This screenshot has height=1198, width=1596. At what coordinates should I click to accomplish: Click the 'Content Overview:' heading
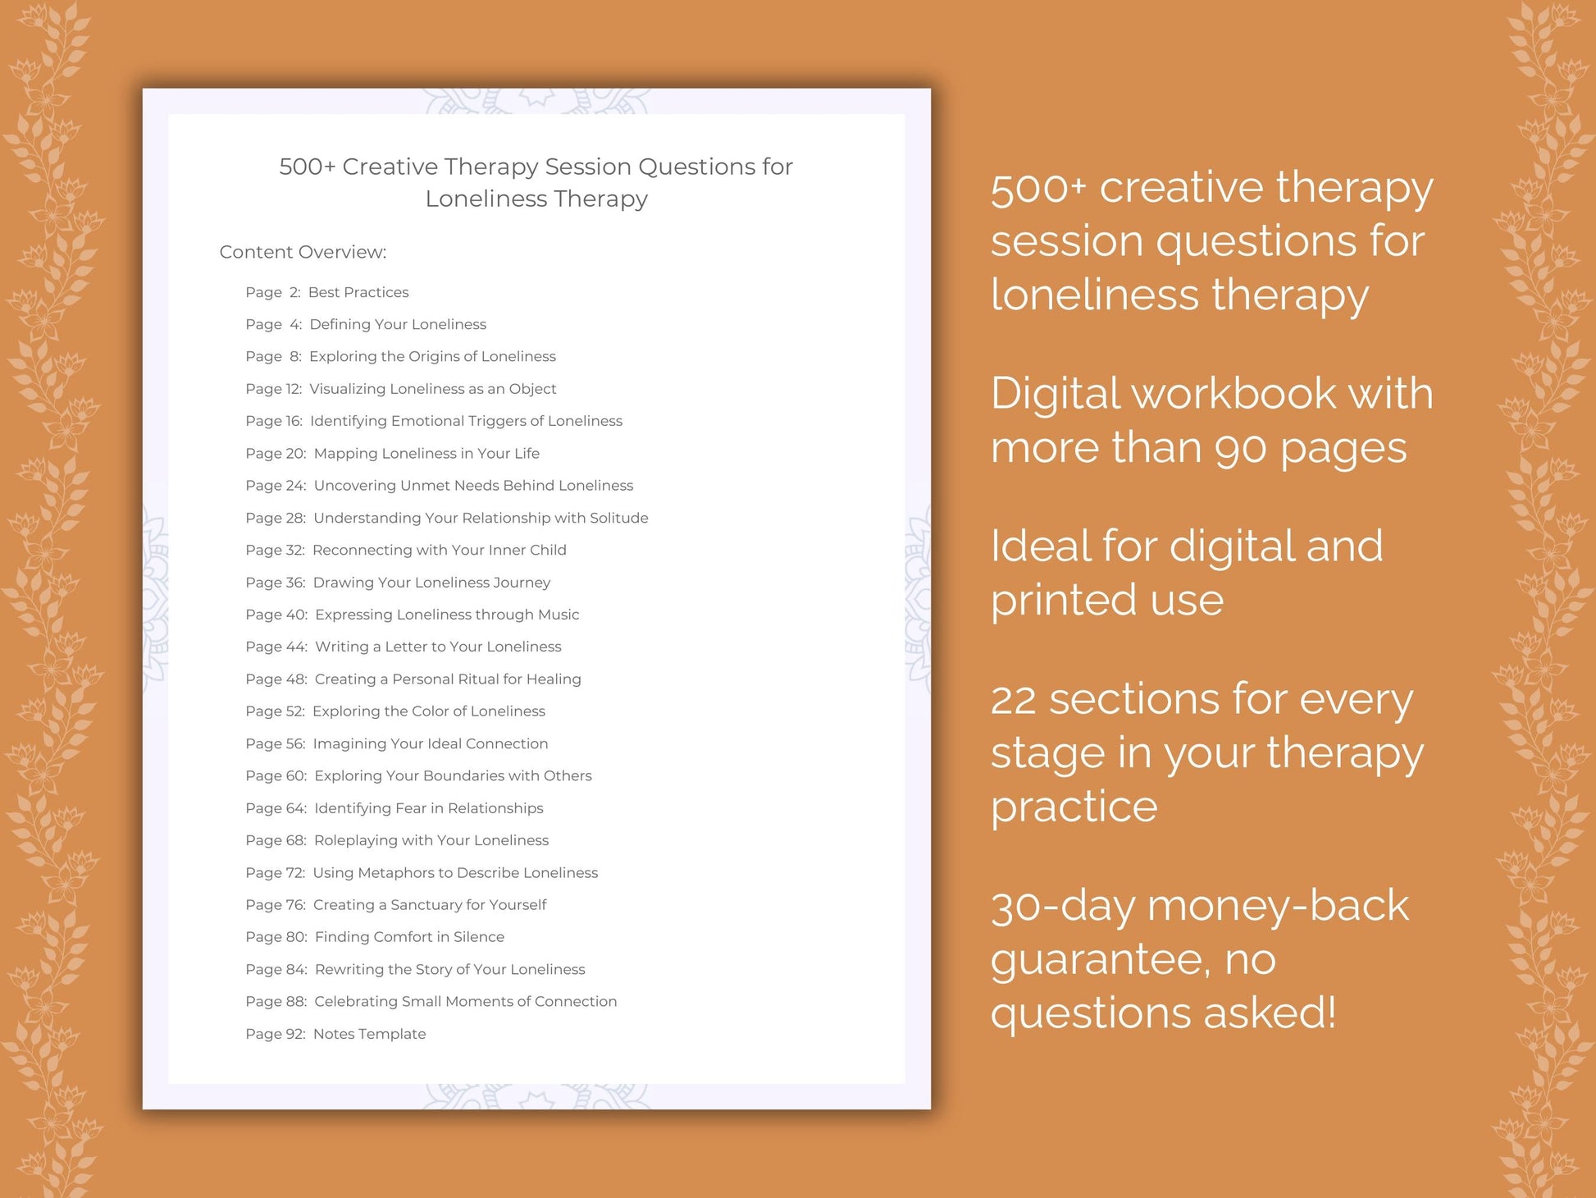(303, 252)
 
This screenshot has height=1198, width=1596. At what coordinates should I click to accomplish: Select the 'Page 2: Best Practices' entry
(326, 292)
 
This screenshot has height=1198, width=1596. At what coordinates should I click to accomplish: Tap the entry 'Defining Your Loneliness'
(398, 324)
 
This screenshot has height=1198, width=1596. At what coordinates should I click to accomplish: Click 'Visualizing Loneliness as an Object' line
(432, 389)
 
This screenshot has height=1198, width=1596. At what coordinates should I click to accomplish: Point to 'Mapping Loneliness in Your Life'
(426, 453)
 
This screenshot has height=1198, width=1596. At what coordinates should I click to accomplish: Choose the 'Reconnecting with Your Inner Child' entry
(439, 550)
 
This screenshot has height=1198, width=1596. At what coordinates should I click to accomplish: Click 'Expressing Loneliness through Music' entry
(447, 615)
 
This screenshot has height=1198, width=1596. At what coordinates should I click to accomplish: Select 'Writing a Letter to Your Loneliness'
(438, 647)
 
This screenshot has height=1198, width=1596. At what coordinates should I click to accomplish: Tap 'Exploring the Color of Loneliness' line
(428, 711)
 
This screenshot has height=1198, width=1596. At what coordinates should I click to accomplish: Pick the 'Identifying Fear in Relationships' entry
(428, 808)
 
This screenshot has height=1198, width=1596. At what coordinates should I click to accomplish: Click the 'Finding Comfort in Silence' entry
(409, 937)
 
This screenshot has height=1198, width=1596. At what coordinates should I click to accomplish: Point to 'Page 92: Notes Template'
(335, 1034)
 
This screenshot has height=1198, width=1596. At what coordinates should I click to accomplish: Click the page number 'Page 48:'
(276, 679)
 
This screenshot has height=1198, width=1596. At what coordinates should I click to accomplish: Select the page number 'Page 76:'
(276, 905)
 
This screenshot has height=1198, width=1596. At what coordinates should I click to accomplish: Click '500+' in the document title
(307, 167)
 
